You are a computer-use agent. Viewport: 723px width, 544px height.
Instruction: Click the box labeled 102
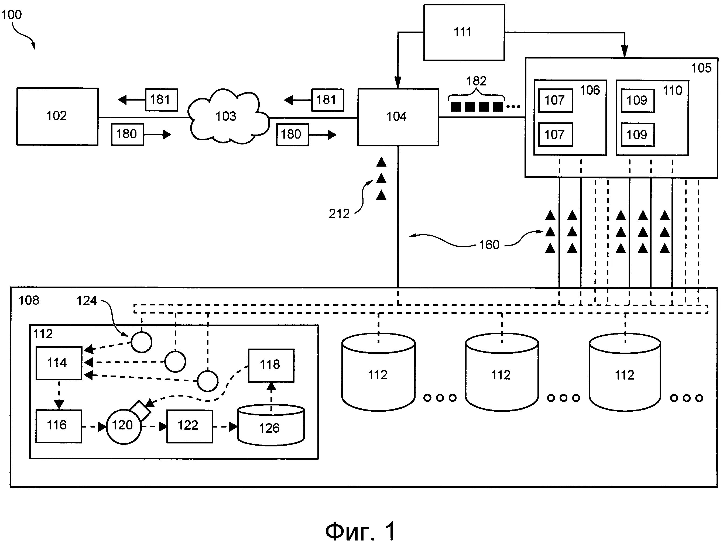(57, 116)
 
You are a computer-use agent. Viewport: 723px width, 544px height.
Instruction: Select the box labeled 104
(398, 117)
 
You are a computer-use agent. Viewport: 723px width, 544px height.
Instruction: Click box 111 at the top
(464, 32)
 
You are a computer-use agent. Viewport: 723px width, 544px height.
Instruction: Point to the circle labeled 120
(124, 426)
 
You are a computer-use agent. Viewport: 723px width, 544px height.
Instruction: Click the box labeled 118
(271, 365)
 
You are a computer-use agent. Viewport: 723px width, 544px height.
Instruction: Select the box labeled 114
(59, 363)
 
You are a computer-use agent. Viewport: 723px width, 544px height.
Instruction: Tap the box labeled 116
(59, 426)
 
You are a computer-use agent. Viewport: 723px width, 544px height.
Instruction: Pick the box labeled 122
(190, 426)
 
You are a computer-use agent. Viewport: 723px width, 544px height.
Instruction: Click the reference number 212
(339, 214)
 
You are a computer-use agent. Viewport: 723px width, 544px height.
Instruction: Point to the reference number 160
(489, 245)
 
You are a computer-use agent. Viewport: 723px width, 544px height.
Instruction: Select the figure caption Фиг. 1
(361, 531)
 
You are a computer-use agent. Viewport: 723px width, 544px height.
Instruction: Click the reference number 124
(87, 301)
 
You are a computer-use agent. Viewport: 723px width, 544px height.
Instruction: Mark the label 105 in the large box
(701, 68)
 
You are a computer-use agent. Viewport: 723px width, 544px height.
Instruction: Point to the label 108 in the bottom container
(29, 300)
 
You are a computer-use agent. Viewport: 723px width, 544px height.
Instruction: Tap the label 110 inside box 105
(672, 91)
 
